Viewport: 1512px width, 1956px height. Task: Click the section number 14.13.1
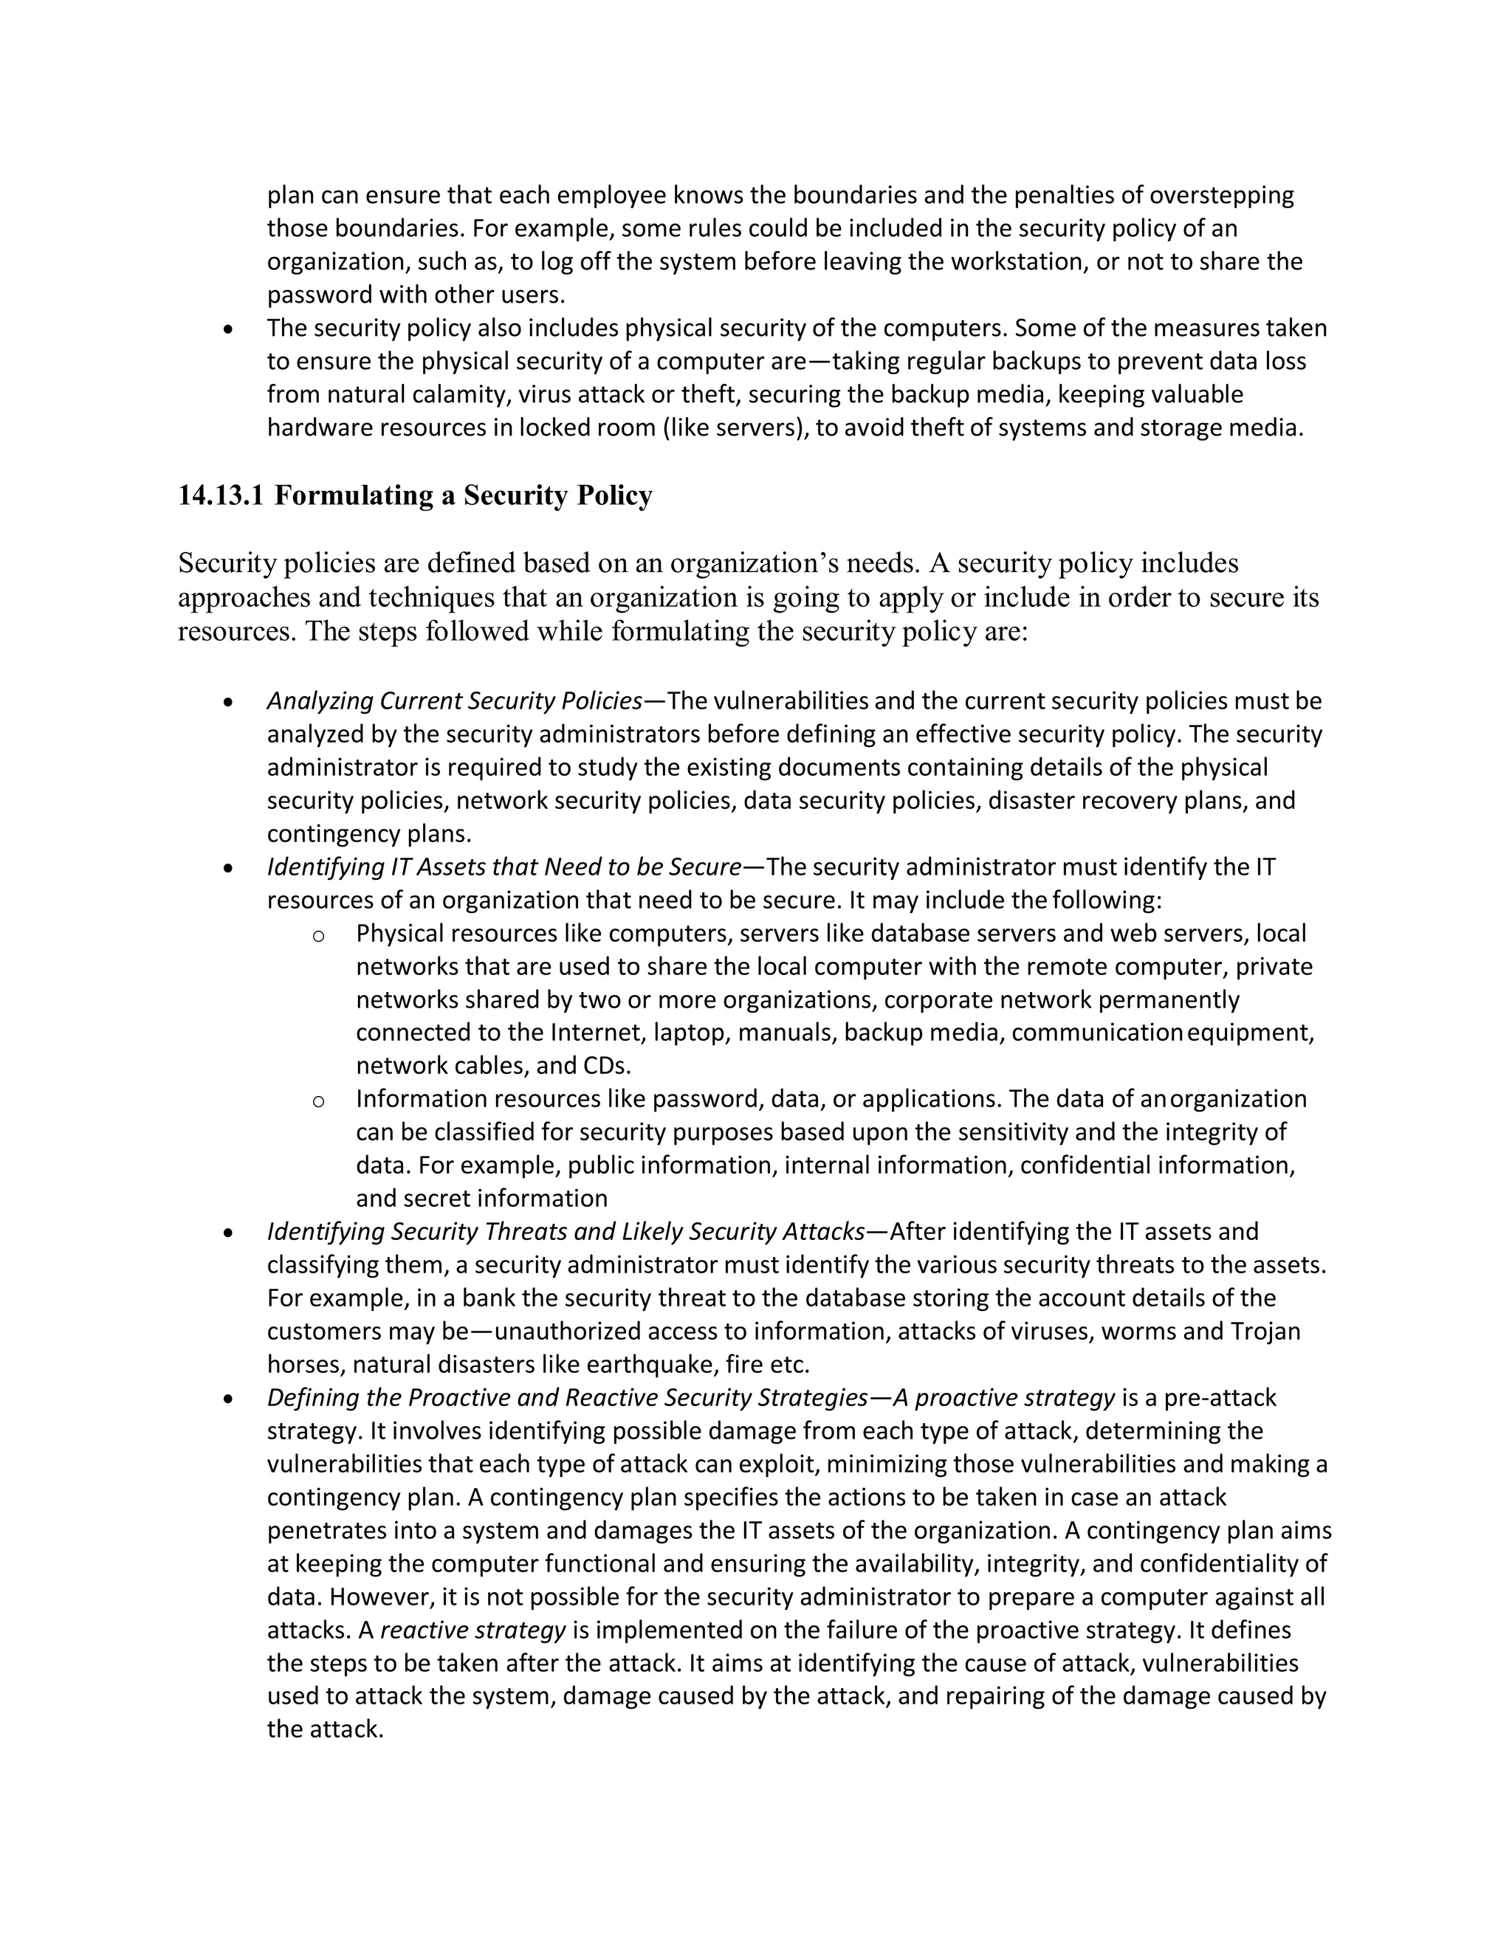[x=220, y=495]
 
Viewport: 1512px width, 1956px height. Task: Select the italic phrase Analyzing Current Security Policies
[x=454, y=700]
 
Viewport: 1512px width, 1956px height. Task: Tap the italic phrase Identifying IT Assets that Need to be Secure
[x=504, y=867]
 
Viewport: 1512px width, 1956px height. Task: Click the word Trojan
[x=1265, y=1331]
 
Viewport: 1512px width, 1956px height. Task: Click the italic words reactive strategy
[x=473, y=1629]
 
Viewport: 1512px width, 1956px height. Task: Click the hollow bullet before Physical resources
[x=318, y=936]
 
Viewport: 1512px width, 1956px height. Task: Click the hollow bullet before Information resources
[x=318, y=1101]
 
